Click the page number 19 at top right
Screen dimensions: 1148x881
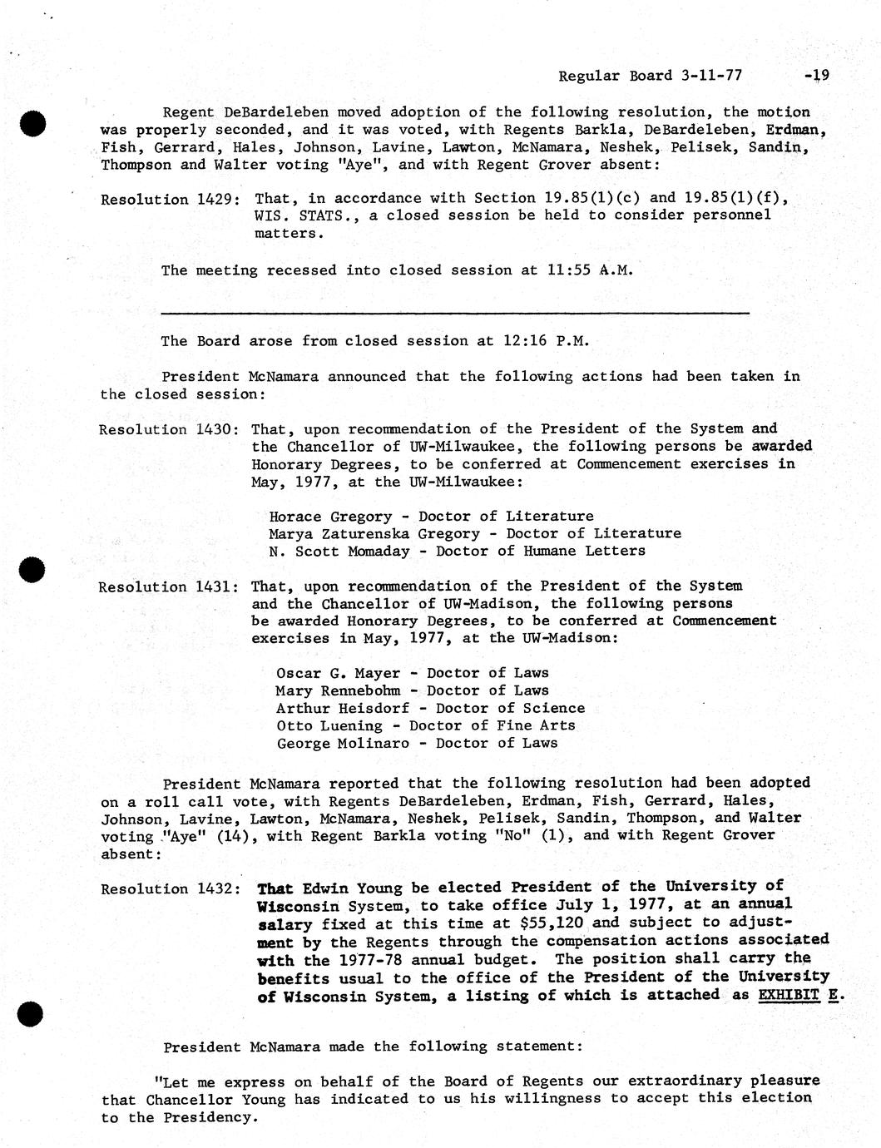tap(819, 76)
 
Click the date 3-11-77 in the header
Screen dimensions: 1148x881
tap(710, 76)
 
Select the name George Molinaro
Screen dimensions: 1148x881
tap(343, 743)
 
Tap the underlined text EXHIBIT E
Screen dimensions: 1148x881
tap(798, 995)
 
